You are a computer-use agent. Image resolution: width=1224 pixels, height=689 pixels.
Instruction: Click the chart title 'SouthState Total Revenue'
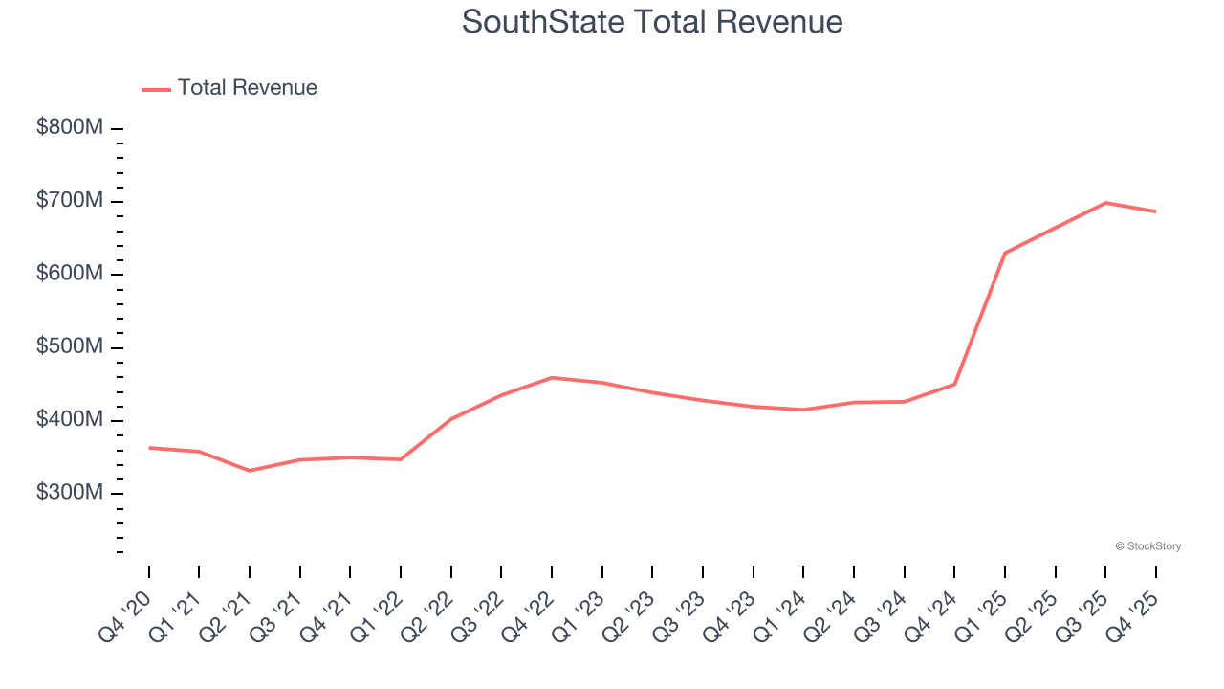click(x=652, y=21)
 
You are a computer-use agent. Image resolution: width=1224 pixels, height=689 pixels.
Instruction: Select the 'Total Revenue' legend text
click(x=247, y=88)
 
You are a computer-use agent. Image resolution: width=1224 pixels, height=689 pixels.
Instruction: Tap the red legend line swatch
click(x=156, y=89)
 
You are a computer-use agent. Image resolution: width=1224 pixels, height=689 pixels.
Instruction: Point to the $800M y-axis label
click(x=69, y=127)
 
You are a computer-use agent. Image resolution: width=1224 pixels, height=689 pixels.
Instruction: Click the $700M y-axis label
click(x=69, y=201)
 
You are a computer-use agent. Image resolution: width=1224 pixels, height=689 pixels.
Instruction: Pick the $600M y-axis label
click(x=69, y=274)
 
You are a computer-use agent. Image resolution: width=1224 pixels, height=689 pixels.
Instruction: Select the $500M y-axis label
click(x=69, y=346)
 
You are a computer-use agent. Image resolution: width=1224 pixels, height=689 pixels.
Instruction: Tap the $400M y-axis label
click(x=69, y=419)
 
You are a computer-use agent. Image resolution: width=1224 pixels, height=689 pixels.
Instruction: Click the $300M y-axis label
click(x=69, y=492)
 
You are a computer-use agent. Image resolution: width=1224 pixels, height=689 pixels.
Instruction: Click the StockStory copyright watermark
click(x=1147, y=546)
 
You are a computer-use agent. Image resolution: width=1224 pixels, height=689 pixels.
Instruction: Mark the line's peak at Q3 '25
click(x=1105, y=203)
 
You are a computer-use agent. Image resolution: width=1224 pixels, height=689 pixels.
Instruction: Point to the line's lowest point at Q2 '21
click(x=250, y=471)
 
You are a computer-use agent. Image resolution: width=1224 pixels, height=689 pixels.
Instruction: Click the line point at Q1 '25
click(x=1005, y=253)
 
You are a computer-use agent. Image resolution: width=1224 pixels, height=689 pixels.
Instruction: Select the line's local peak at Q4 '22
click(x=552, y=378)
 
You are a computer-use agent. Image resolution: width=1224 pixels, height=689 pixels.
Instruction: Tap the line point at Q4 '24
click(x=954, y=385)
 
